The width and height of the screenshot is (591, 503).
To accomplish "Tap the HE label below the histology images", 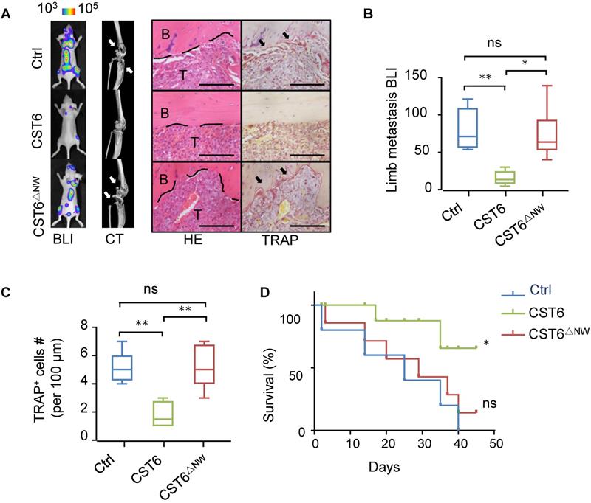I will click(x=197, y=240).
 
